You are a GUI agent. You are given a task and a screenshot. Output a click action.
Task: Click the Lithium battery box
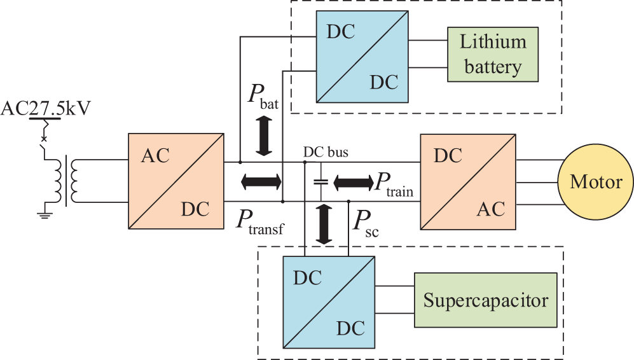493,54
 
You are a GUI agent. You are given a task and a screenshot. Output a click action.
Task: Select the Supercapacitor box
486,300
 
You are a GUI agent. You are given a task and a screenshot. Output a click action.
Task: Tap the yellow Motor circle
596,182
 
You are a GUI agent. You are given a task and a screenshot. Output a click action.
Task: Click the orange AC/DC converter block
176,181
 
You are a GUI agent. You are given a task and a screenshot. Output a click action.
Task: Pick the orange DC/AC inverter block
467,181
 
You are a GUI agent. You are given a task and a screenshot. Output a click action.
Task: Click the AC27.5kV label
45,108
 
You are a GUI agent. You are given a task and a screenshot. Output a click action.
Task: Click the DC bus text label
326,153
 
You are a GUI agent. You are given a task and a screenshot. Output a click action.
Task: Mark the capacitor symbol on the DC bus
320,182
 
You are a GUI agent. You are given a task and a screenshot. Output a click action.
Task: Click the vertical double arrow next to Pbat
264,135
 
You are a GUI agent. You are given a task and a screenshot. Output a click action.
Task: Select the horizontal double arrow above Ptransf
261,182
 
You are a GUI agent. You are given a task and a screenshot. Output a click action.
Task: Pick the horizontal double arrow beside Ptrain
354,182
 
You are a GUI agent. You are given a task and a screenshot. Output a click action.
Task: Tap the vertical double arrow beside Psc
324,225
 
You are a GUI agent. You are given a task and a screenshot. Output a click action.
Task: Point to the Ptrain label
393,184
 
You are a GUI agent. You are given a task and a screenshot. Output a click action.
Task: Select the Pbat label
263,97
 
